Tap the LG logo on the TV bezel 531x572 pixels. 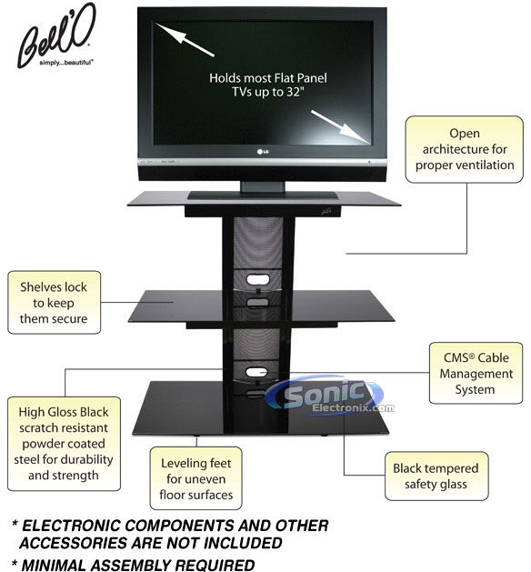pos(263,151)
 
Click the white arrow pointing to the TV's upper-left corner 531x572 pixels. pos(185,39)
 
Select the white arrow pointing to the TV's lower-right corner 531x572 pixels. pos(341,126)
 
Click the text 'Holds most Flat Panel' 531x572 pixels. pos(268,78)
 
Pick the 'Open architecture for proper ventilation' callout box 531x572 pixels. pos(465,149)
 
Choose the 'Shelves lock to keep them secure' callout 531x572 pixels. pos(54,303)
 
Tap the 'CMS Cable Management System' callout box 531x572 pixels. pos(476,373)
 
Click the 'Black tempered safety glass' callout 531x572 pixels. pos(436,476)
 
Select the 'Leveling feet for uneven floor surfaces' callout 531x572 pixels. pos(195,478)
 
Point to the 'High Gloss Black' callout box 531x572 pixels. pos(64,444)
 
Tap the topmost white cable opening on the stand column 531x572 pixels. pos(258,280)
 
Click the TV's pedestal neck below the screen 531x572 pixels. pos(263,186)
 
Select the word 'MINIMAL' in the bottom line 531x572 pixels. pos(54,565)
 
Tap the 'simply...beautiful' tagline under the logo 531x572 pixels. pos(66,63)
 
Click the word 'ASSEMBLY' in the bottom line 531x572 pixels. pos(131,565)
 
